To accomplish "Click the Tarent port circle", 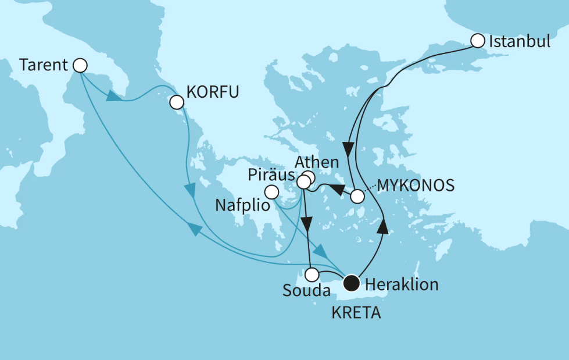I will point(80,65).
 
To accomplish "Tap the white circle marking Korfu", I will point(177,102).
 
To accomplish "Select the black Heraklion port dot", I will point(351,283).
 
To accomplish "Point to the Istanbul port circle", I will point(477,41).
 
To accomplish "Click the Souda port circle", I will point(313,274).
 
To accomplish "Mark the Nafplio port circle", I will point(271,191).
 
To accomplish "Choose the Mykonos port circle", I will point(357,197).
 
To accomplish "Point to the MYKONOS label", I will point(416,185).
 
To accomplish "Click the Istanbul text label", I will point(519,41).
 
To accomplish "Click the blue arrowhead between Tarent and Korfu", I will point(114,97).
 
